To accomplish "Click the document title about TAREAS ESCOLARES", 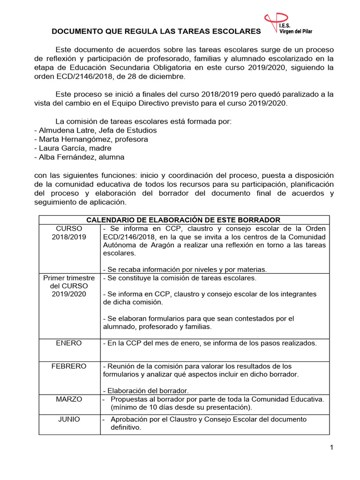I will (x=156, y=31).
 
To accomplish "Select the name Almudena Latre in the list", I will (x=63, y=130).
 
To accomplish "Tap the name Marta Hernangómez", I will (x=72, y=139).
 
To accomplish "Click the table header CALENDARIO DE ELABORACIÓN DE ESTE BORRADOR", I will (x=184, y=220).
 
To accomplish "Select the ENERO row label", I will (x=69, y=343).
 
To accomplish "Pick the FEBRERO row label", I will (x=69, y=366).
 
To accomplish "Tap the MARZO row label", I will (x=69, y=399).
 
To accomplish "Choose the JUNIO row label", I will (x=69, y=419).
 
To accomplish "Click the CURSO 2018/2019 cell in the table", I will (x=69, y=232).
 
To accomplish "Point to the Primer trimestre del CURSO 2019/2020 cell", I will (x=69, y=286).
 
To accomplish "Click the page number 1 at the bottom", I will (x=331, y=448).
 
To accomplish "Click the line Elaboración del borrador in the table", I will (x=146, y=390).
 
